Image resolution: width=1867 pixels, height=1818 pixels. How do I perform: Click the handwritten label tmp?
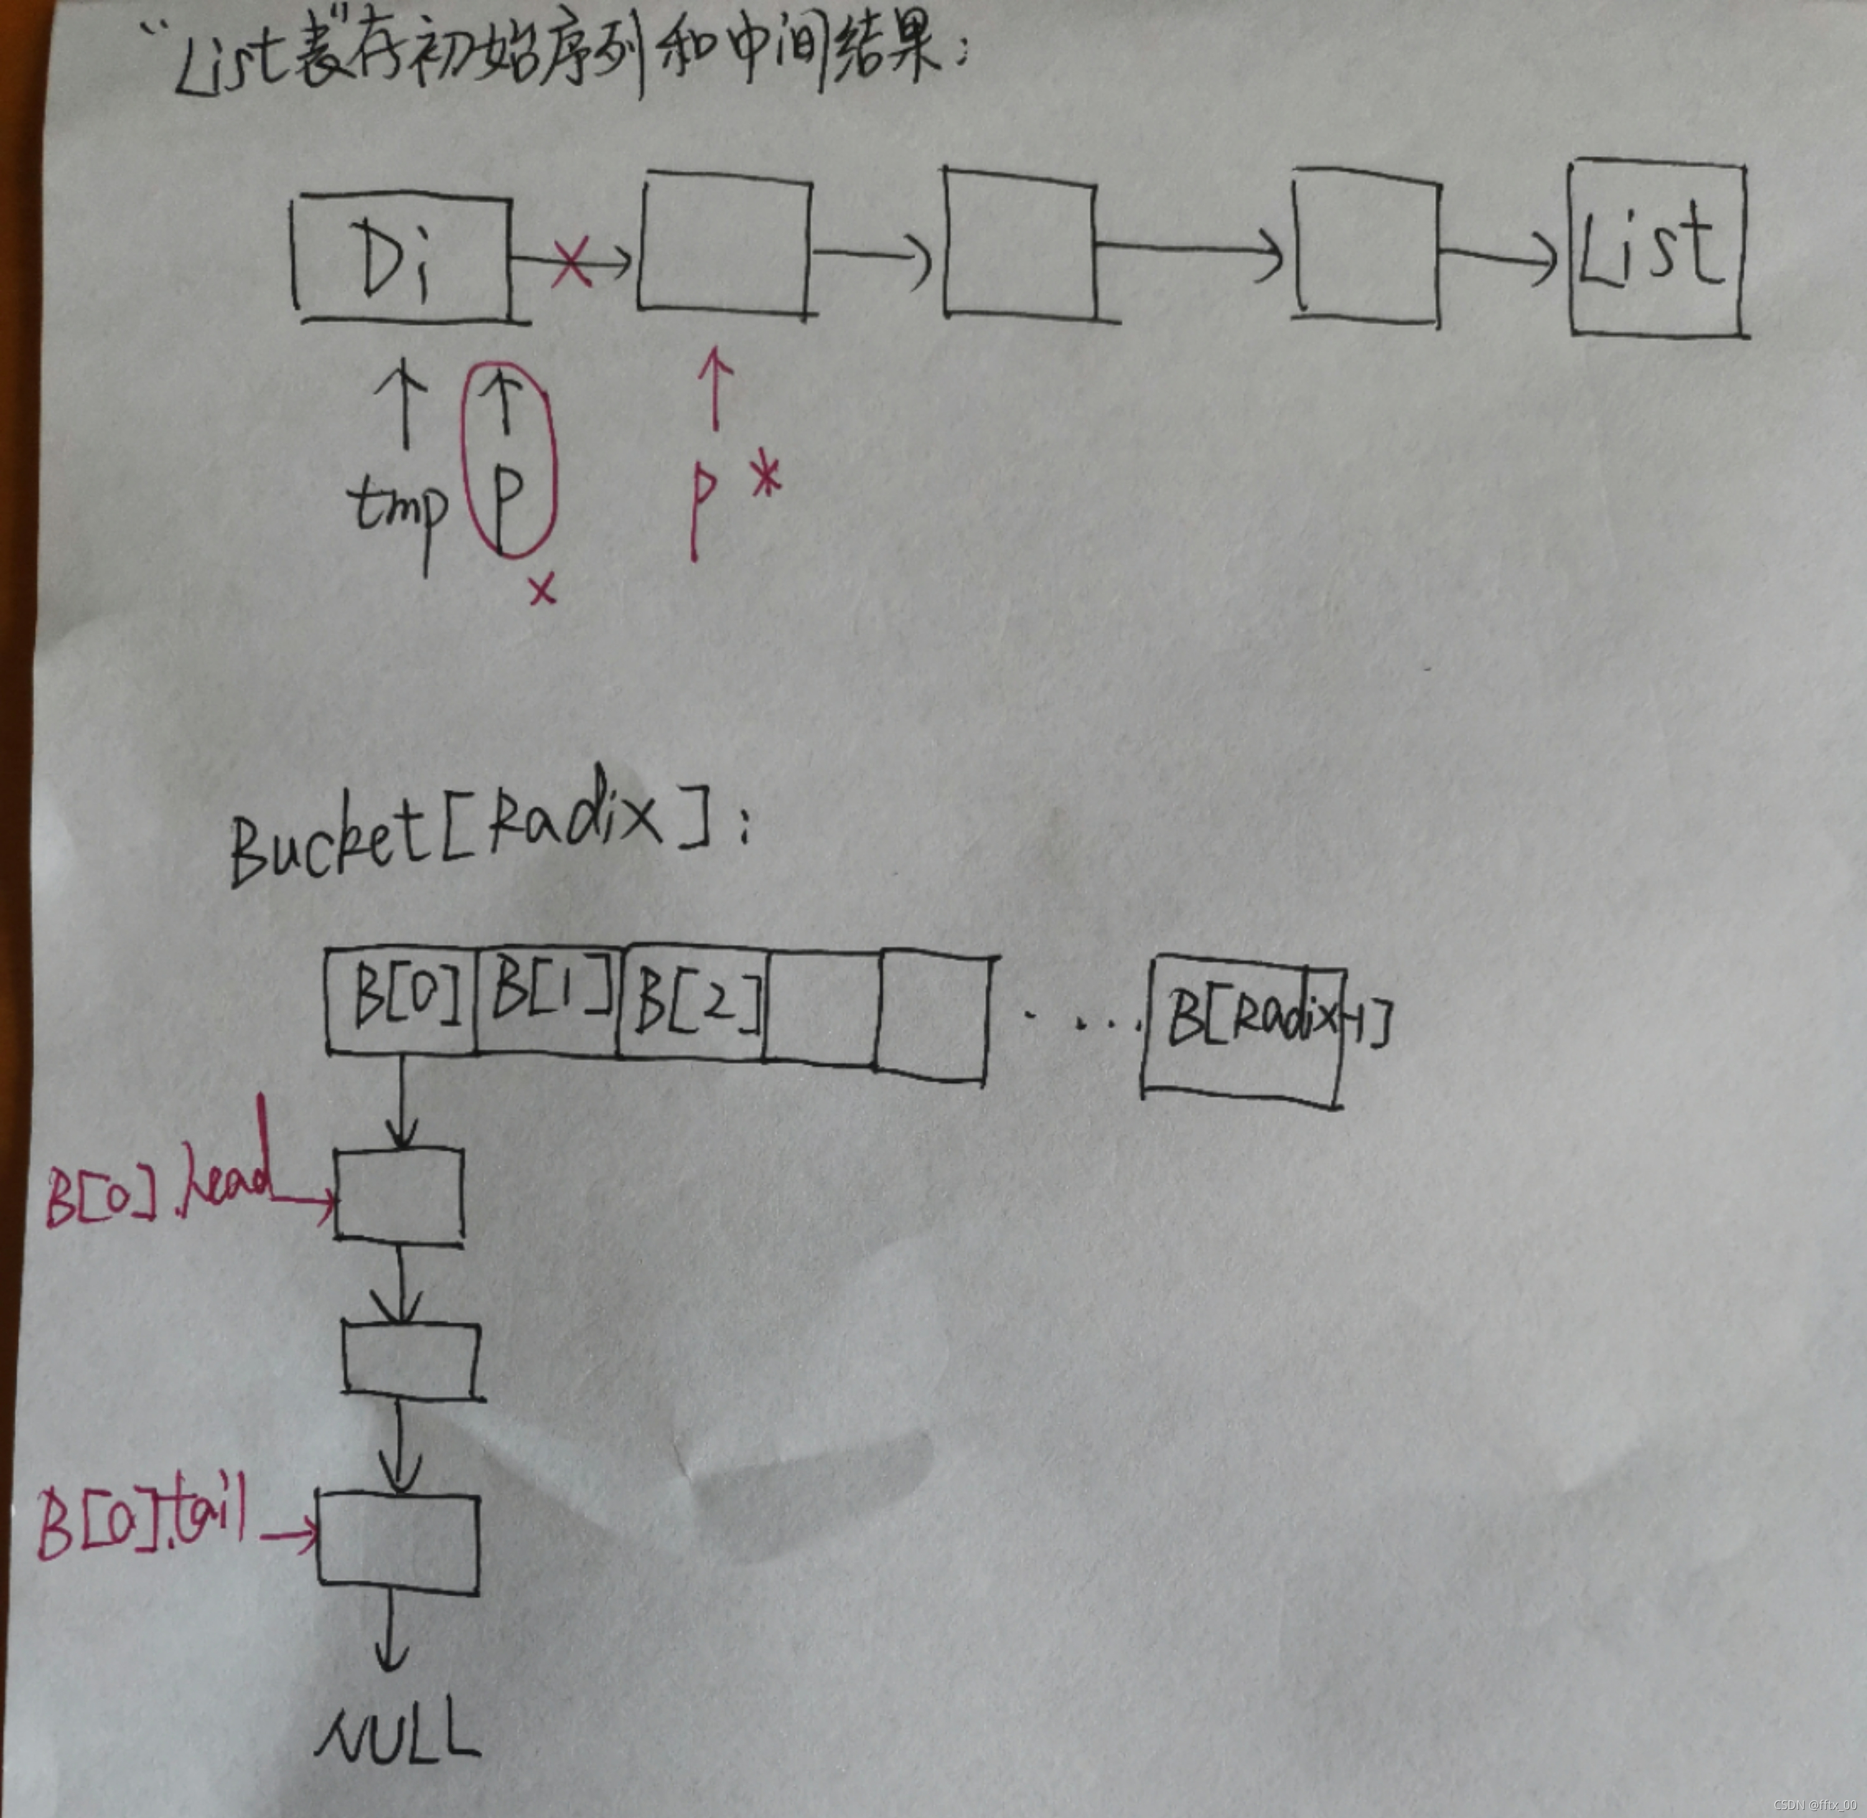click(399, 506)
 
